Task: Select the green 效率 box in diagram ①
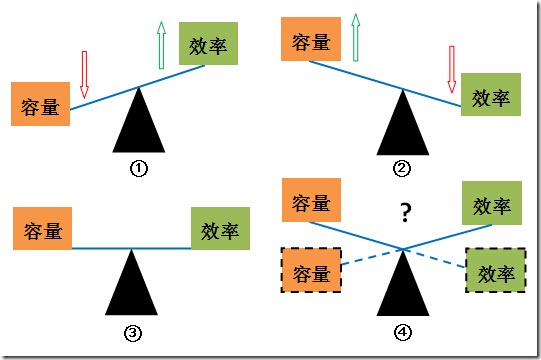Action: [x=210, y=46]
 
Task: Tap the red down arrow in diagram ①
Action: [x=84, y=72]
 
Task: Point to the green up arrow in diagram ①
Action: [x=160, y=44]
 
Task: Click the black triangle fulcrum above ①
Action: [x=139, y=123]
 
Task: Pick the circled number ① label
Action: [x=139, y=168]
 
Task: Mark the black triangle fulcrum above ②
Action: [x=403, y=125]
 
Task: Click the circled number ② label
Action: [x=403, y=168]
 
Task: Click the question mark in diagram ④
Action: [x=406, y=211]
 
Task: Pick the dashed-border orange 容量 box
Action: [x=311, y=271]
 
